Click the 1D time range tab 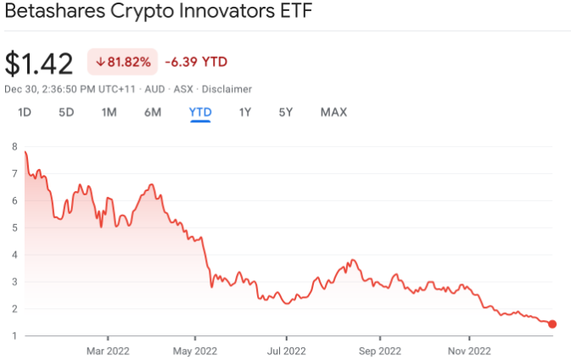point(25,112)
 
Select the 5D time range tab point(66,112)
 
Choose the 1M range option point(109,112)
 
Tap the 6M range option point(153,112)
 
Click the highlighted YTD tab point(200,112)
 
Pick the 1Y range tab point(245,112)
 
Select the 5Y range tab point(286,112)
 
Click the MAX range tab point(333,112)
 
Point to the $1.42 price point(40,63)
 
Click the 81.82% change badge point(123,61)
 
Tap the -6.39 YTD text point(197,61)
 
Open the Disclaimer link point(227,88)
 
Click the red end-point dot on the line point(552,323)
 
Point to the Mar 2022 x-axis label point(106,349)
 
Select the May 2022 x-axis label point(195,349)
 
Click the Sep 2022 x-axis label point(378,349)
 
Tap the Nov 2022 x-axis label point(469,349)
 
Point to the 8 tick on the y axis point(14,147)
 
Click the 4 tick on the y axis point(14,255)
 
